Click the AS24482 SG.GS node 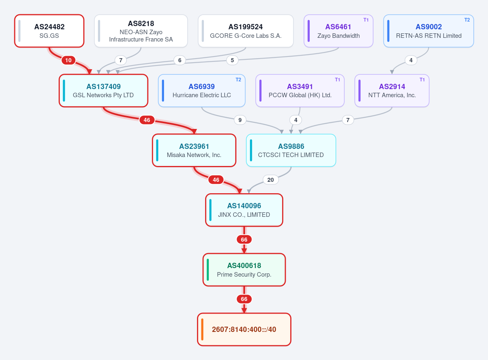pyautogui.click(x=49, y=31)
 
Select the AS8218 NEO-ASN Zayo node pyautogui.click(x=141, y=31)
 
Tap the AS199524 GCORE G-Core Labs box pyautogui.click(x=245, y=31)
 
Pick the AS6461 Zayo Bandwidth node pyautogui.click(x=338, y=31)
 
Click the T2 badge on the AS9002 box pyautogui.click(x=467, y=20)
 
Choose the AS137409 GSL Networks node pyautogui.click(x=103, y=91)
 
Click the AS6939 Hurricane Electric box pyautogui.click(x=202, y=91)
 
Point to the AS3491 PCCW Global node pyautogui.click(x=300, y=91)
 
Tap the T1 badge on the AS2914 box pyautogui.click(x=422, y=80)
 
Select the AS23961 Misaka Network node pyautogui.click(x=194, y=150)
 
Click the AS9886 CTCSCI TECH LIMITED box pyautogui.click(x=291, y=150)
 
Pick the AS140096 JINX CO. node pyautogui.click(x=244, y=210)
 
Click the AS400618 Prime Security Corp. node pyautogui.click(x=244, y=270)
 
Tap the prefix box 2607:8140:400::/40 pyautogui.click(x=244, y=329)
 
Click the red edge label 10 pyautogui.click(x=68, y=60)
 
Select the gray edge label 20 pyautogui.click(x=270, y=179)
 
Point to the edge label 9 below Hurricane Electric pyautogui.click(x=240, y=120)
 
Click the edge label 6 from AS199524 pyautogui.click(x=179, y=60)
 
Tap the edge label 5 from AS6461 pyautogui.click(x=232, y=60)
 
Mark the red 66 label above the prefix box pyautogui.click(x=244, y=299)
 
